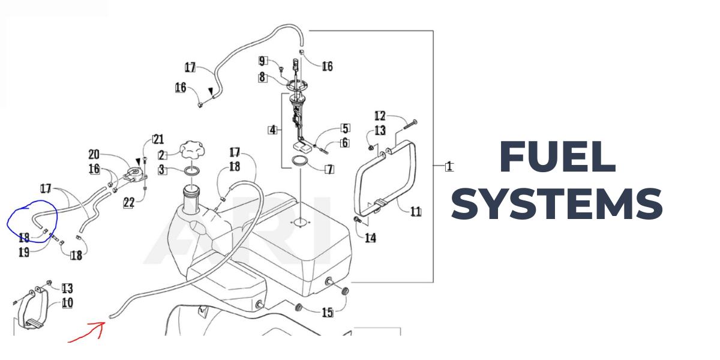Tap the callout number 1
pyautogui.click(x=449, y=166)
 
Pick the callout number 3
pyautogui.click(x=162, y=171)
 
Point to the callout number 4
pyautogui.click(x=273, y=130)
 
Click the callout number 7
pyautogui.click(x=329, y=169)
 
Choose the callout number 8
pyautogui.click(x=262, y=77)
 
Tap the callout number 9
pyautogui.click(x=262, y=61)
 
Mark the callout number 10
pyautogui.click(x=67, y=302)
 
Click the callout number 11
pyautogui.click(x=416, y=211)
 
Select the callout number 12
pyautogui.click(x=380, y=116)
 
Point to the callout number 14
pyautogui.click(x=370, y=238)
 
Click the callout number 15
pyautogui.click(x=328, y=312)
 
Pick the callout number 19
pyautogui.click(x=24, y=253)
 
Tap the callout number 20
pyautogui.click(x=94, y=154)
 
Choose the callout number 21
pyautogui.click(x=158, y=140)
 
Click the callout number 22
pyautogui.click(x=128, y=203)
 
